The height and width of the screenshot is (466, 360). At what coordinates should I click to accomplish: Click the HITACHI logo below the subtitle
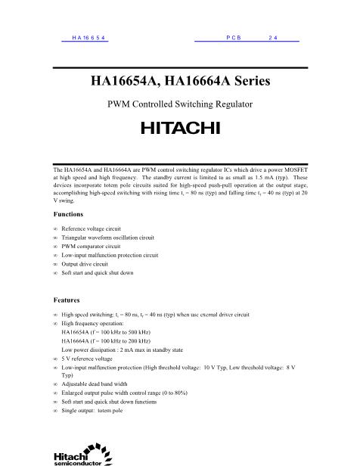click(180, 127)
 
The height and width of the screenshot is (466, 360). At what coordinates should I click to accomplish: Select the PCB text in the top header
click(233, 37)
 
